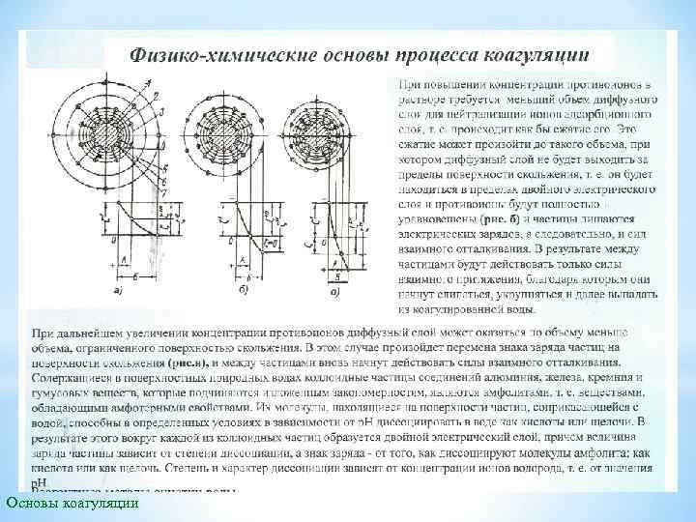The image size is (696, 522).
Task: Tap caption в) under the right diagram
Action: coord(334,289)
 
